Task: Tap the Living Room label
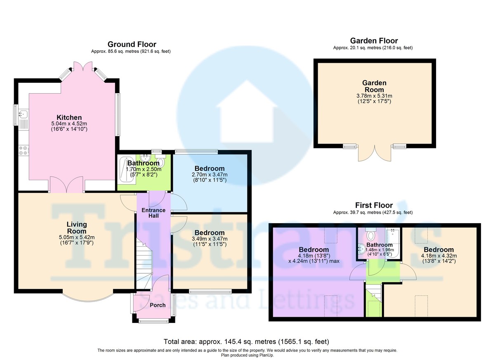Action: (77, 228)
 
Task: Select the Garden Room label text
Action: (374, 86)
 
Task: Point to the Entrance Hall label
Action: (153, 213)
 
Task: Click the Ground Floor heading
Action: (132, 44)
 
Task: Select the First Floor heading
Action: (374, 205)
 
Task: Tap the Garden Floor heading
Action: (374, 40)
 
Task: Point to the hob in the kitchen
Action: (23, 151)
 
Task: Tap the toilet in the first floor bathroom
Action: (371, 235)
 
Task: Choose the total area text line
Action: (247, 341)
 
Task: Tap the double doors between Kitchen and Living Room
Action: (66, 184)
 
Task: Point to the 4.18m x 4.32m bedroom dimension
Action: (438, 256)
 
